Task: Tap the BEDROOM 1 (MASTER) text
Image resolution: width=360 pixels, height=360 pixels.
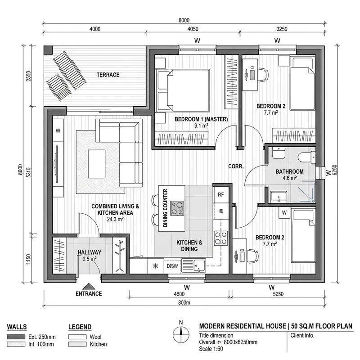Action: point(201,119)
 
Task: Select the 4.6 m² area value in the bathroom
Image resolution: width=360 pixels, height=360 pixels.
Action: point(289,178)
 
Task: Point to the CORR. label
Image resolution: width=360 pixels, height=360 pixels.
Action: point(236,166)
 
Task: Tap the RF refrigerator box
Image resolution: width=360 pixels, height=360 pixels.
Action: point(220,195)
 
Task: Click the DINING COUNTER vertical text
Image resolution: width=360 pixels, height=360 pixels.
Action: point(165,207)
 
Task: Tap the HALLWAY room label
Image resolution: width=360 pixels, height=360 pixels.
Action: point(89,252)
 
